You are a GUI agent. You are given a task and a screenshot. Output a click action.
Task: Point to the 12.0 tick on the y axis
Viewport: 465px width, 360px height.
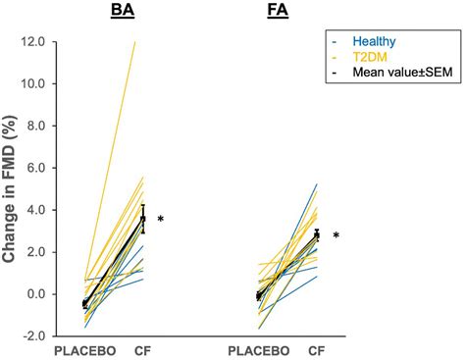31,42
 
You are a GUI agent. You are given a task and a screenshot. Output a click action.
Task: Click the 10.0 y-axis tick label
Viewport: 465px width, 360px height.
31,84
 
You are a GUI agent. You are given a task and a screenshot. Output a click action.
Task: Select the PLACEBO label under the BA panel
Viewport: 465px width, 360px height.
85,350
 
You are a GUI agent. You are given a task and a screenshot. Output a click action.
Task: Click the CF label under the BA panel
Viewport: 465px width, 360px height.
143,350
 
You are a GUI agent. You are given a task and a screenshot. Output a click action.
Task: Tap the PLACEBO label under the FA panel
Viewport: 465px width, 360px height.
259,350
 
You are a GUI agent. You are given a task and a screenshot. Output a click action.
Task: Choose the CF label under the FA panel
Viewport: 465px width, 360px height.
316,350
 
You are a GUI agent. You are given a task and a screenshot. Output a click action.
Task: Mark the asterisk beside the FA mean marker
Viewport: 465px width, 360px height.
336,236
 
